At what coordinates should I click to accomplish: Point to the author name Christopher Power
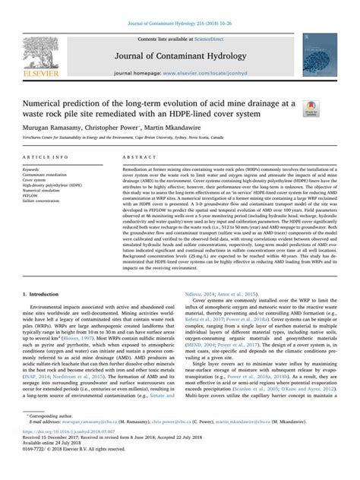(122, 129)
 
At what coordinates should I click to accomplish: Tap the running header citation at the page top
(179, 5)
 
